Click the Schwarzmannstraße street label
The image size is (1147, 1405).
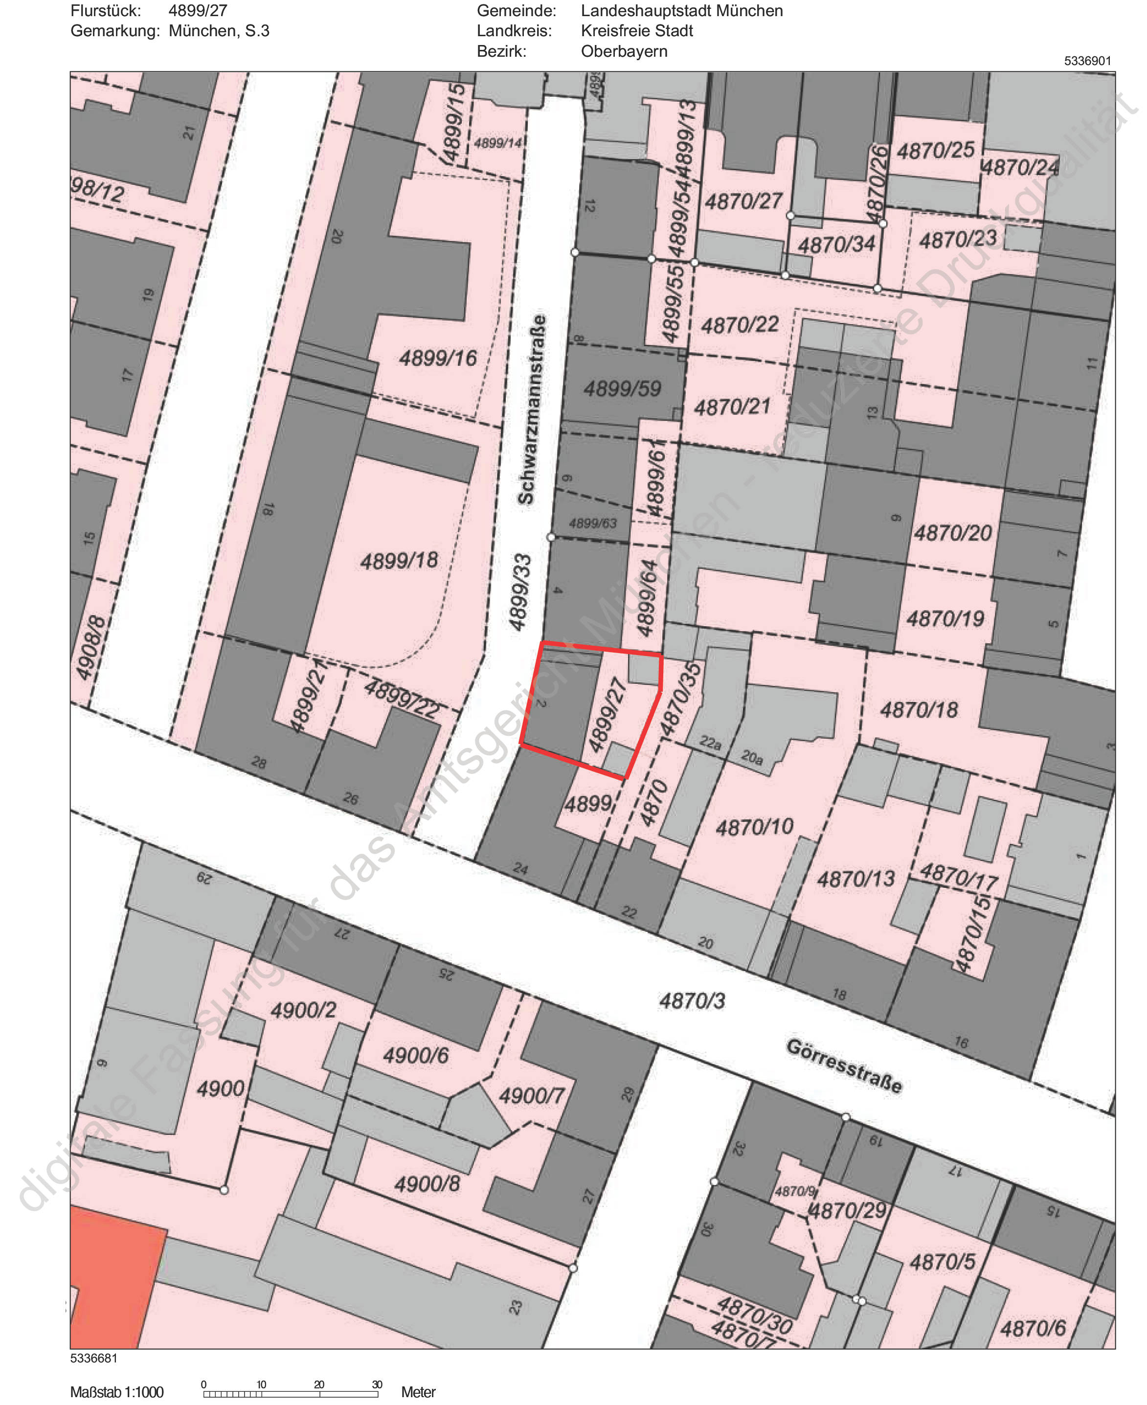tap(533, 410)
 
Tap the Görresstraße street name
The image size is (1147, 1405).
tap(844, 1066)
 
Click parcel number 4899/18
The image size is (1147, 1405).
tap(399, 561)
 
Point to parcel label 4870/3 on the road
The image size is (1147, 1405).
tap(692, 1001)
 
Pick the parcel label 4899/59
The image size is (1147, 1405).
tap(622, 388)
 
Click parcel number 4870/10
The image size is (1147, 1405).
tap(755, 827)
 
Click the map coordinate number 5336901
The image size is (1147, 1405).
tap(1087, 61)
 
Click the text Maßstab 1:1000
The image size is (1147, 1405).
tap(117, 1392)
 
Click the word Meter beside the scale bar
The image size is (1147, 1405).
tap(418, 1392)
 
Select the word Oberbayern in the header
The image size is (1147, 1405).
tap(624, 51)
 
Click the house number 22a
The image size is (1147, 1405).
tap(710, 743)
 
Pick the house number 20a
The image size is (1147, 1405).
tap(752, 757)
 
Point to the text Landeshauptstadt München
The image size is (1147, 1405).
tap(681, 11)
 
